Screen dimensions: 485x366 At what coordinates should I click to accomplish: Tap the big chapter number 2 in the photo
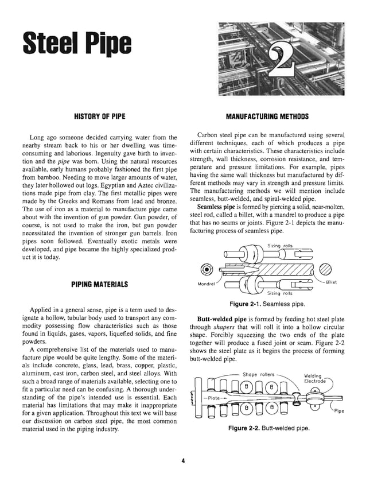282,59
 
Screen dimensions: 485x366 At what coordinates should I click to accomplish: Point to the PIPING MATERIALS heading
100,284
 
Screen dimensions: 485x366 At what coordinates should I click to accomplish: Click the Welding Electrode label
314,379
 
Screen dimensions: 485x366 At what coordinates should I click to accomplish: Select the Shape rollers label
259,374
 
